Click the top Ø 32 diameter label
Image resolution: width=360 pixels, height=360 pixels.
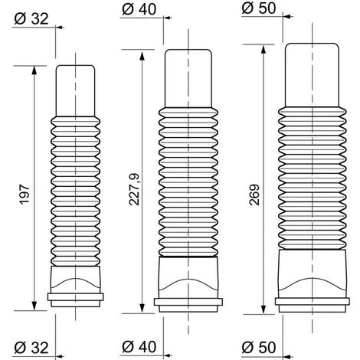pyautogui.click(x=31, y=19)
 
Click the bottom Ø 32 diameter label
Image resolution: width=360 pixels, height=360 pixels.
pyautogui.click(x=31, y=348)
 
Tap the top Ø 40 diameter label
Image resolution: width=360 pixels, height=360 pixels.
pyautogui.click(x=139, y=9)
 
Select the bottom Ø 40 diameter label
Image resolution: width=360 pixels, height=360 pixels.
pyautogui.click(x=139, y=346)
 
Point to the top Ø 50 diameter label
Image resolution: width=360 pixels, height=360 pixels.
pyautogui.click(x=259, y=8)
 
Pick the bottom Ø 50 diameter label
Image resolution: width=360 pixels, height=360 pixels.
pyautogui.click(x=259, y=347)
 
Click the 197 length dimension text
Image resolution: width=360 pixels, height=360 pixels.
pyautogui.click(x=25, y=194)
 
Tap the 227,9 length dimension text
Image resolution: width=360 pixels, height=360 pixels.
pyautogui.click(x=134, y=189)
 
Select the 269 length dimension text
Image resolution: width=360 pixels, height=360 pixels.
pyautogui.click(x=254, y=195)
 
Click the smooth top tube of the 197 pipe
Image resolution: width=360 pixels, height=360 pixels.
pyautogui.click(x=75, y=91)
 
